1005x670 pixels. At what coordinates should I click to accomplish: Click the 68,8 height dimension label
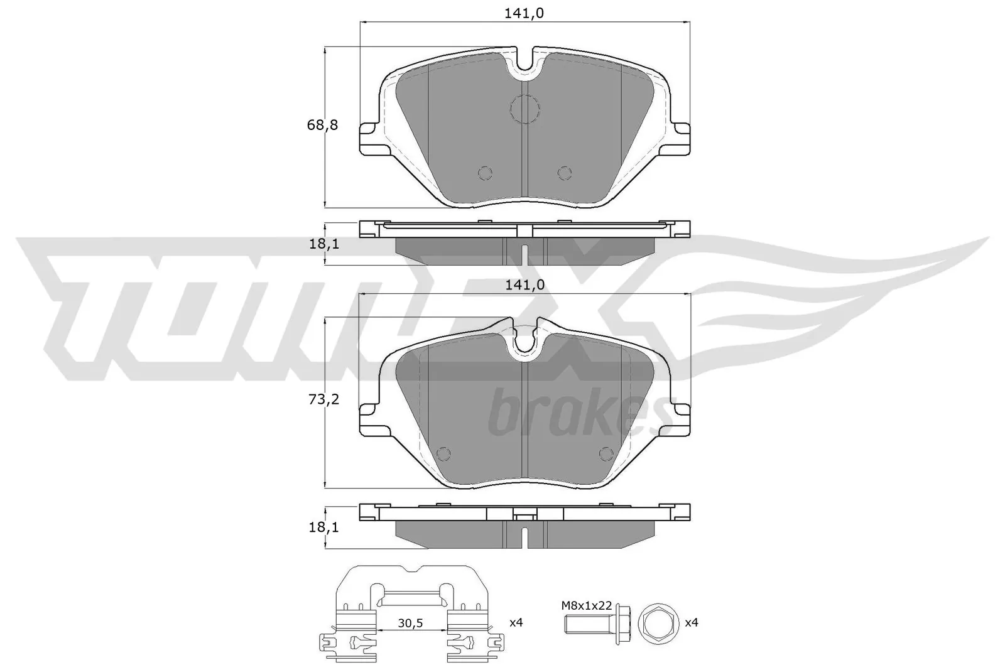tap(322, 125)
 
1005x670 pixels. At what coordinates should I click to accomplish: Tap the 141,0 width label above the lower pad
tap(524, 284)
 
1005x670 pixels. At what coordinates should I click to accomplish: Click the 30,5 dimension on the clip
tap(411, 624)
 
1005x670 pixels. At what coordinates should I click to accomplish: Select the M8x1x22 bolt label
tap(587, 605)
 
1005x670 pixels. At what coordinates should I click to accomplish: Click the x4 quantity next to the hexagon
tap(691, 622)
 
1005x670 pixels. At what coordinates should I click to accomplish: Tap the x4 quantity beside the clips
tap(516, 622)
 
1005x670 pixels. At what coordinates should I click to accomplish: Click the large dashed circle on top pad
tap(524, 109)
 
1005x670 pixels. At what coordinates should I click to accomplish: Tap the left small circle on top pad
tap(484, 173)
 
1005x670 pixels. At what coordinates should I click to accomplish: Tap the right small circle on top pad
tap(564, 173)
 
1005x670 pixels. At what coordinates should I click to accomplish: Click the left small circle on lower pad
tap(443, 453)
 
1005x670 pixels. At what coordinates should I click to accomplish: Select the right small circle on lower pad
tap(606, 453)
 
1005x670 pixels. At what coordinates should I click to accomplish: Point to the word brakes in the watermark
tap(578, 414)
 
